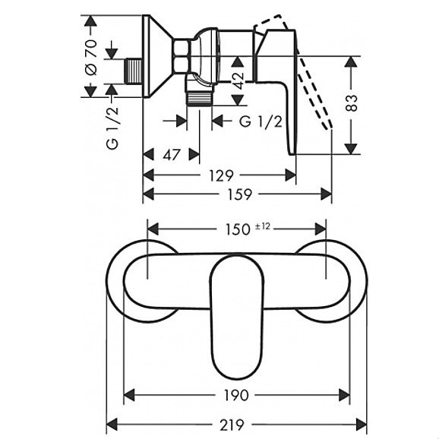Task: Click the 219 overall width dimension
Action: point(232,425)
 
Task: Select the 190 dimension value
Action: point(236,395)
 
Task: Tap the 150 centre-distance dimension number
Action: point(238,229)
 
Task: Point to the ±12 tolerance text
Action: point(263,226)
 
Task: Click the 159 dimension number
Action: point(239,194)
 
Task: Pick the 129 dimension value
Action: point(221,175)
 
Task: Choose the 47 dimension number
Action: point(172,155)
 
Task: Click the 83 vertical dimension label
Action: point(352,103)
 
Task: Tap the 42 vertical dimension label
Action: point(238,81)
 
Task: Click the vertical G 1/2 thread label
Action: point(112,128)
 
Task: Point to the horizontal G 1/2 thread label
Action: point(261,122)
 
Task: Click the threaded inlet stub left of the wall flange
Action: point(134,71)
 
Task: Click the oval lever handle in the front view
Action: point(237,317)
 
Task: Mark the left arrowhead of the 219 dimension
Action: point(112,425)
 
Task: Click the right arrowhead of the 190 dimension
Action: point(344,395)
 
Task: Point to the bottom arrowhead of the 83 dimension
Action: point(351,149)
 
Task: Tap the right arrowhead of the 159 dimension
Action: point(326,194)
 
